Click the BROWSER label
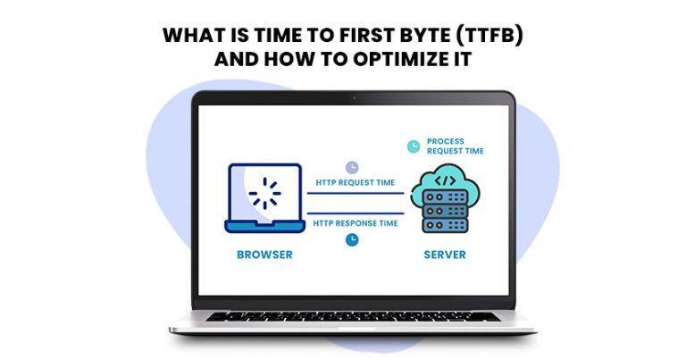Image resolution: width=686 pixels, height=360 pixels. coord(264,255)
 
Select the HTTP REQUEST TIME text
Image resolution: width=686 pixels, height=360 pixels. coord(355,183)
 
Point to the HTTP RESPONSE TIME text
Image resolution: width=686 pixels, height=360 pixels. coord(355,222)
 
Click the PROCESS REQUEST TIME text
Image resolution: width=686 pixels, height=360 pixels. coord(455,147)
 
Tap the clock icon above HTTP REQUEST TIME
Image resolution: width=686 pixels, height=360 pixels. coord(353,166)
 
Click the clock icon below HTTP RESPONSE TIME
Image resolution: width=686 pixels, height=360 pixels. coord(353,239)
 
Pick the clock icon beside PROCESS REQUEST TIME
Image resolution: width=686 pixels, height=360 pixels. coord(413,146)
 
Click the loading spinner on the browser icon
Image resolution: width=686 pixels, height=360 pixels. coord(265,194)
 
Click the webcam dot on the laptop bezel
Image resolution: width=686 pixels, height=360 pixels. coord(355,97)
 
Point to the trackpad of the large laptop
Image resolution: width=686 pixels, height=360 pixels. coord(355,328)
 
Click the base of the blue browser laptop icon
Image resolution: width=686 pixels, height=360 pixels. coord(264,227)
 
